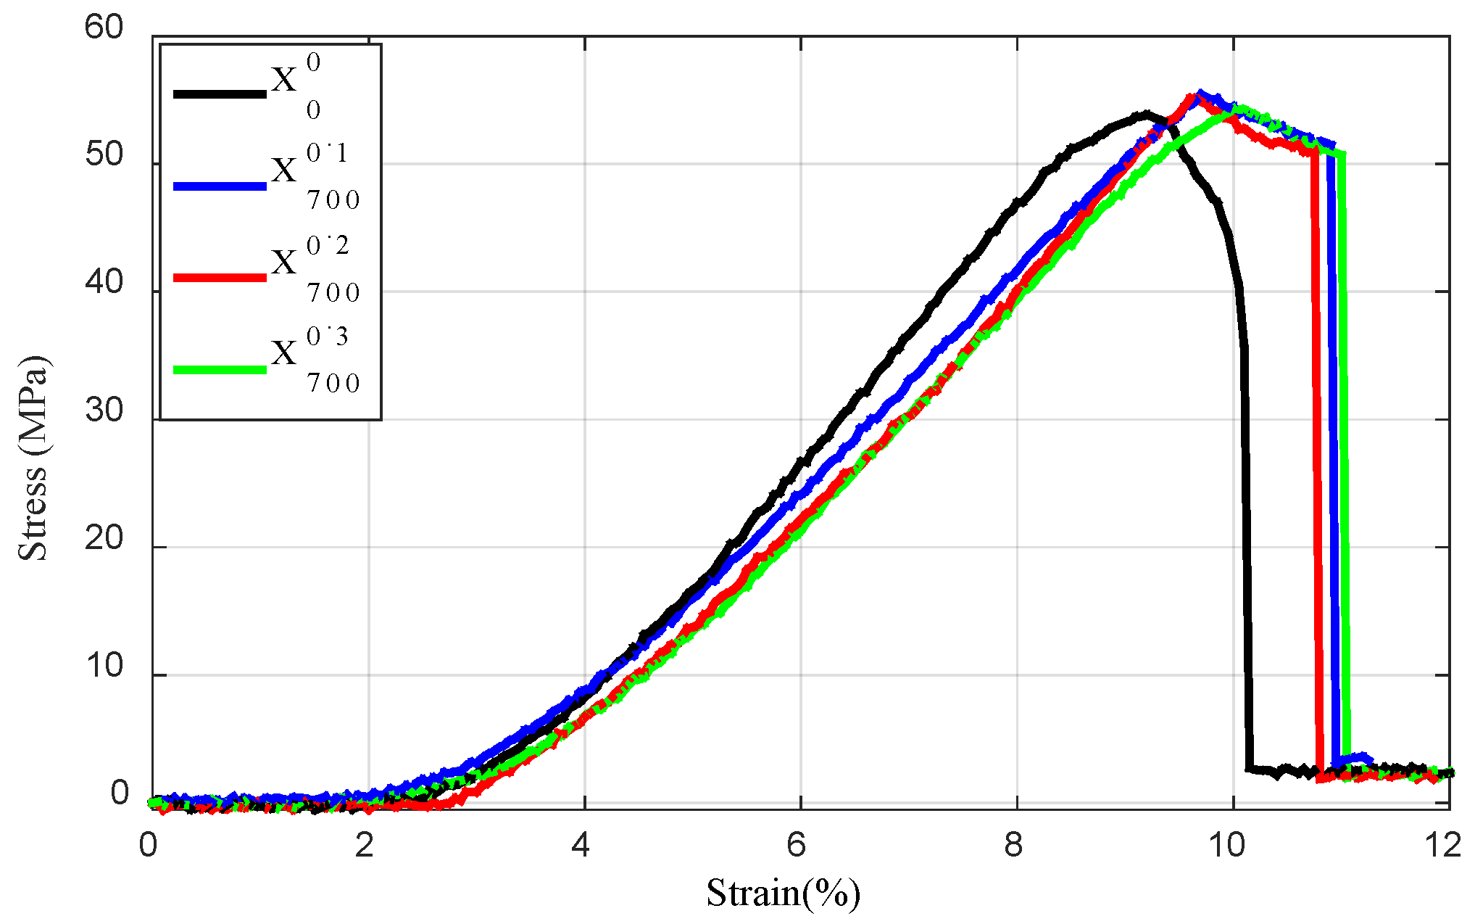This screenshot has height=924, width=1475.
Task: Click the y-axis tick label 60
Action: pos(104,28)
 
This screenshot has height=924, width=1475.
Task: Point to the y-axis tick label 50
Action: pos(104,155)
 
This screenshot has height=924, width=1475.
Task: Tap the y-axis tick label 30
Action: pos(104,411)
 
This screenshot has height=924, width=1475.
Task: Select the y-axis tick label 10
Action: pos(104,667)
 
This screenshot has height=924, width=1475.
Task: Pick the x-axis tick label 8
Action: pos(1014,846)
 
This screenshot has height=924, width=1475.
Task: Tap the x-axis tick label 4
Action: pos(581,846)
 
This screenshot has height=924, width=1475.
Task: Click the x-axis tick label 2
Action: pos(365,846)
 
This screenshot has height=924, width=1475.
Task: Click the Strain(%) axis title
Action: pos(784,894)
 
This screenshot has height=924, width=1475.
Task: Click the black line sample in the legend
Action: pos(220,94)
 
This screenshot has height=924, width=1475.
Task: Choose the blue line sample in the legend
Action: pos(220,186)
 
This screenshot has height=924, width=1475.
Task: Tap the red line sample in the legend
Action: pos(220,278)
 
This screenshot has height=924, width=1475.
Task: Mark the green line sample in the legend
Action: pos(220,370)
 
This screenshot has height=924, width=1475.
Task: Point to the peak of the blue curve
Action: pos(1201,94)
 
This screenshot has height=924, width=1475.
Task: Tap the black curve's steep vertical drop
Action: pos(1246,508)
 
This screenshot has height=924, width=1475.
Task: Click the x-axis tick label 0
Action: pos(149,846)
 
